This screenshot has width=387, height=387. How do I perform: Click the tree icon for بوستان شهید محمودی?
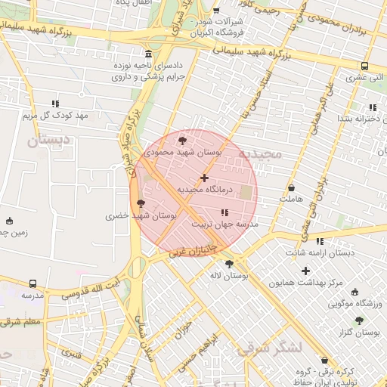181,140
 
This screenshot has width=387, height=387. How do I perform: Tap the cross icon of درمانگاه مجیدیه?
204,178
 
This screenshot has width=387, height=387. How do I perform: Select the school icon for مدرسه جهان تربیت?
224,212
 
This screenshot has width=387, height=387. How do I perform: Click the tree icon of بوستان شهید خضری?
140,203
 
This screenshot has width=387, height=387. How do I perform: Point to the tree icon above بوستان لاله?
229,264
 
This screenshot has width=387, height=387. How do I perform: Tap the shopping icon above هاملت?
292,187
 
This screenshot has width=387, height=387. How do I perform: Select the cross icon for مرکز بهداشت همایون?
305,271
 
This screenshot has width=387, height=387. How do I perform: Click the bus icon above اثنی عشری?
365,66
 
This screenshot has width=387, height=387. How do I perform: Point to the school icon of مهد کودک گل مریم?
55,104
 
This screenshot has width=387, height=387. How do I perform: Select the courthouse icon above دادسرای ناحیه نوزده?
148,54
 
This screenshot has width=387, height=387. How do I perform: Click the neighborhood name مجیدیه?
259,153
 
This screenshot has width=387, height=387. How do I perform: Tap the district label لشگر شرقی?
268,348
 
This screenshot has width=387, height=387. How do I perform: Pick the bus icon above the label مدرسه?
33,283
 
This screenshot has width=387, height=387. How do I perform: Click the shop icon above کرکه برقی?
325,361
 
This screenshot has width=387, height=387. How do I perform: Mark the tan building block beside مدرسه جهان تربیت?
246,193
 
